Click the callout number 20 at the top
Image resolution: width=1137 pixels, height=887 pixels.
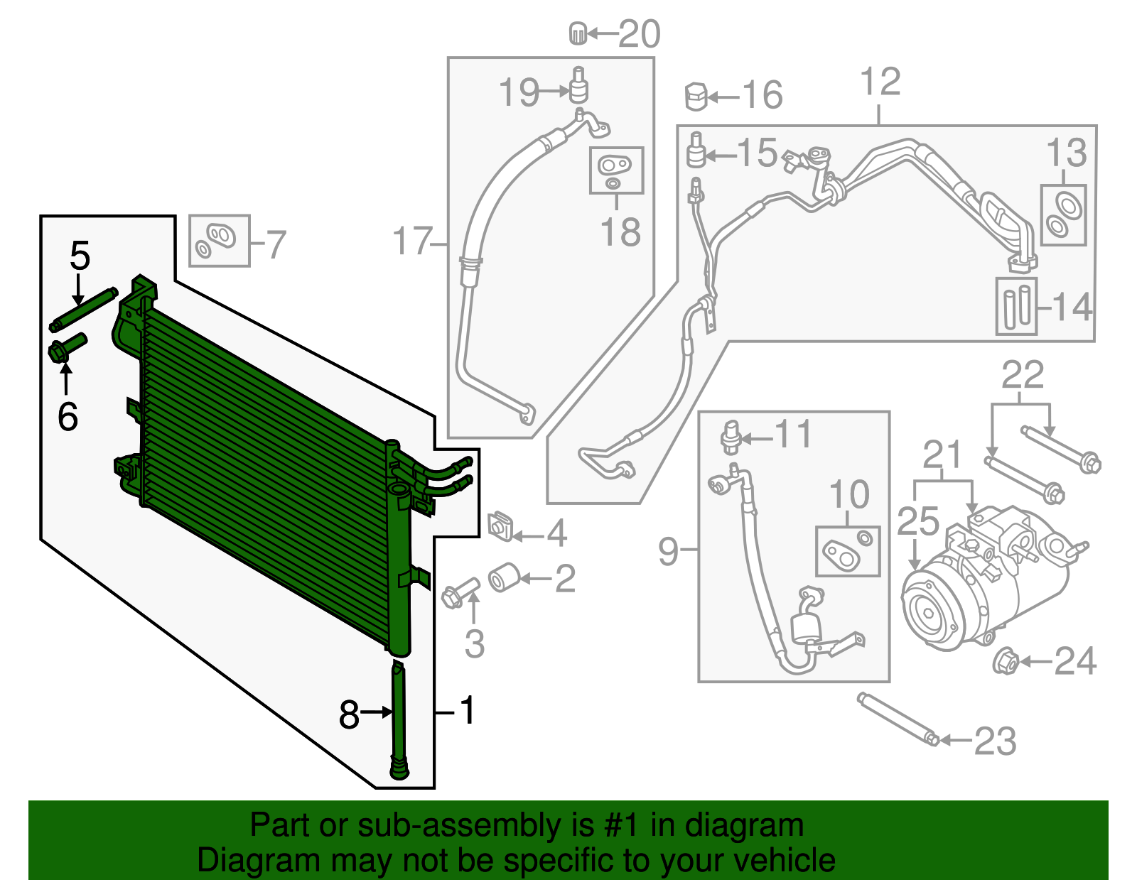640,34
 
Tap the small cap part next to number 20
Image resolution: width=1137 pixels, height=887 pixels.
578,33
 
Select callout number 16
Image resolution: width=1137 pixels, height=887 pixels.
763,95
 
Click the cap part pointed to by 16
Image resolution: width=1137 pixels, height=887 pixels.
696,97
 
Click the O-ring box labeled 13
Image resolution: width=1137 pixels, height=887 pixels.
1064,215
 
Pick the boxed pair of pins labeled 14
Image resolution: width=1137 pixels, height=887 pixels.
1016,305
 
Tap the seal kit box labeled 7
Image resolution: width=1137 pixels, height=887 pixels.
220,241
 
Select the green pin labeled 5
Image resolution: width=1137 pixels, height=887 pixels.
84,308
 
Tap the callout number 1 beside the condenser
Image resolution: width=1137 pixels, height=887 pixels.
467,710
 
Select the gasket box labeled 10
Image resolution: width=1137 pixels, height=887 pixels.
848,551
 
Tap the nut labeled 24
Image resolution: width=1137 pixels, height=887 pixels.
1005,662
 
